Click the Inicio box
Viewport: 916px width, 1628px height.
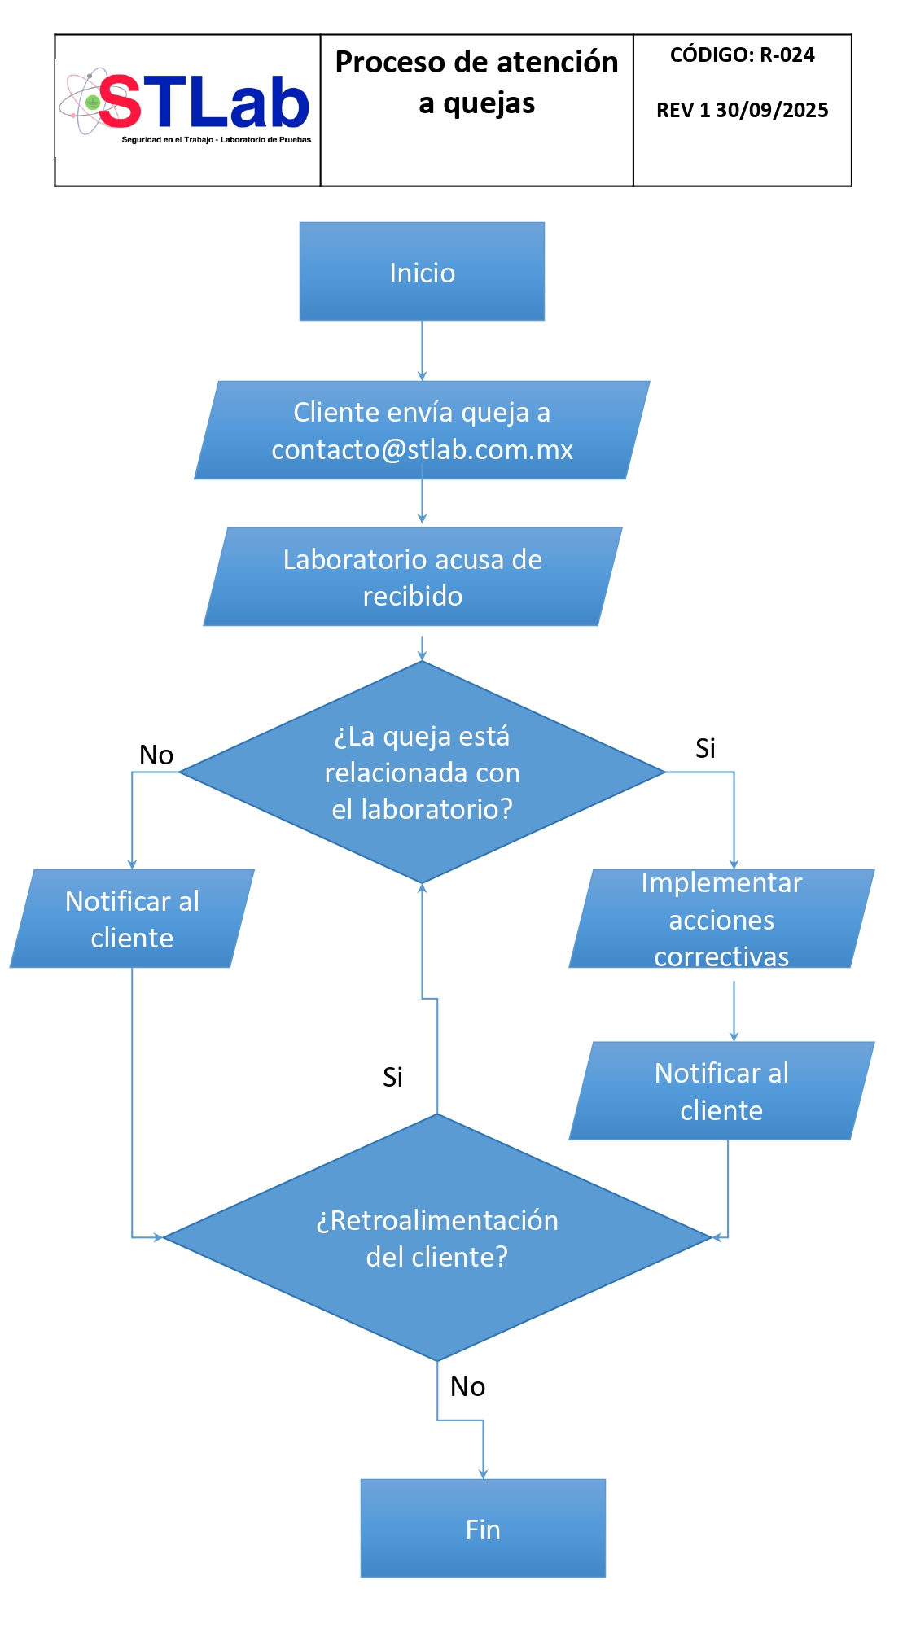[x=422, y=272]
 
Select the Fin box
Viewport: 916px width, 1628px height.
[x=483, y=1528]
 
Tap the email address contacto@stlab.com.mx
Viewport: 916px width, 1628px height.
[x=422, y=449]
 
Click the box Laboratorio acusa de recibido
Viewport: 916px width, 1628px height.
[x=413, y=577]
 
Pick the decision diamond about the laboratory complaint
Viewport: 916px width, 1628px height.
[x=422, y=772]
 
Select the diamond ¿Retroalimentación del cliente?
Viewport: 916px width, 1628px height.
[x=437, y=1237]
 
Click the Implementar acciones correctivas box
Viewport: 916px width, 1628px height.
[x=721, y=919]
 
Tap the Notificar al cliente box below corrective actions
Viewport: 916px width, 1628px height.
[x=721, y=1091]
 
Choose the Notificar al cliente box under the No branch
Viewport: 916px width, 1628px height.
[x=132, y=919]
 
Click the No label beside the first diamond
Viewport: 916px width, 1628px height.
[x=156, y=755]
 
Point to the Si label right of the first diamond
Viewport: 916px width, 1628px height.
[x=705, y=748]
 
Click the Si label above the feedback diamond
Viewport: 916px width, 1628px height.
[x=392, y=1077]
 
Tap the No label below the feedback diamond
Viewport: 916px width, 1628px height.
[x=467, y=1386]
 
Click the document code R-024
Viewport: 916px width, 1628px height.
[x=787, y=55]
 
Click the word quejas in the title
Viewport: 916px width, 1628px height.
[x=489, y=104]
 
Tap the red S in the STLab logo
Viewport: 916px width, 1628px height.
[x=120, y=103]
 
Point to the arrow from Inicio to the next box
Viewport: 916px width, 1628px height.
[x=422, y=350]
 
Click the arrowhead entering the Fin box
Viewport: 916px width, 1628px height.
[x=483, y=1473]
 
